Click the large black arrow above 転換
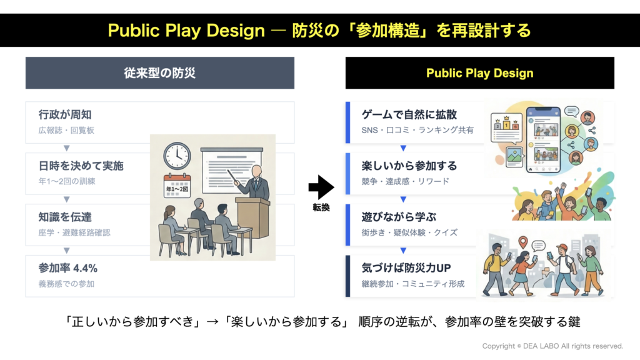tap(321, 187)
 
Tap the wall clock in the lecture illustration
tap(177, 156)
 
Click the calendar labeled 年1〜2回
tap(177, 186)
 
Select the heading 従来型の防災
tap(159, 73)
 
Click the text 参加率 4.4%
tap(67, 268)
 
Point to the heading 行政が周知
tap(65, 115)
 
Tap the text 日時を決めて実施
tap(81, 166)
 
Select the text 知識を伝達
tap(65, 217)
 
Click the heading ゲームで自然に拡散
tap(409, 115)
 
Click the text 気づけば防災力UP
tap(406, 268)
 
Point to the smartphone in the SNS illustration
tap(543, 140)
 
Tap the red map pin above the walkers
tap(523, 242)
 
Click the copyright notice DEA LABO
tap(552, 346)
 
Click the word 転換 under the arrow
tap(321, 207)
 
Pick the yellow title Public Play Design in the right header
tap(479, 73)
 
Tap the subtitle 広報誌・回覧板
tap(66, 130)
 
